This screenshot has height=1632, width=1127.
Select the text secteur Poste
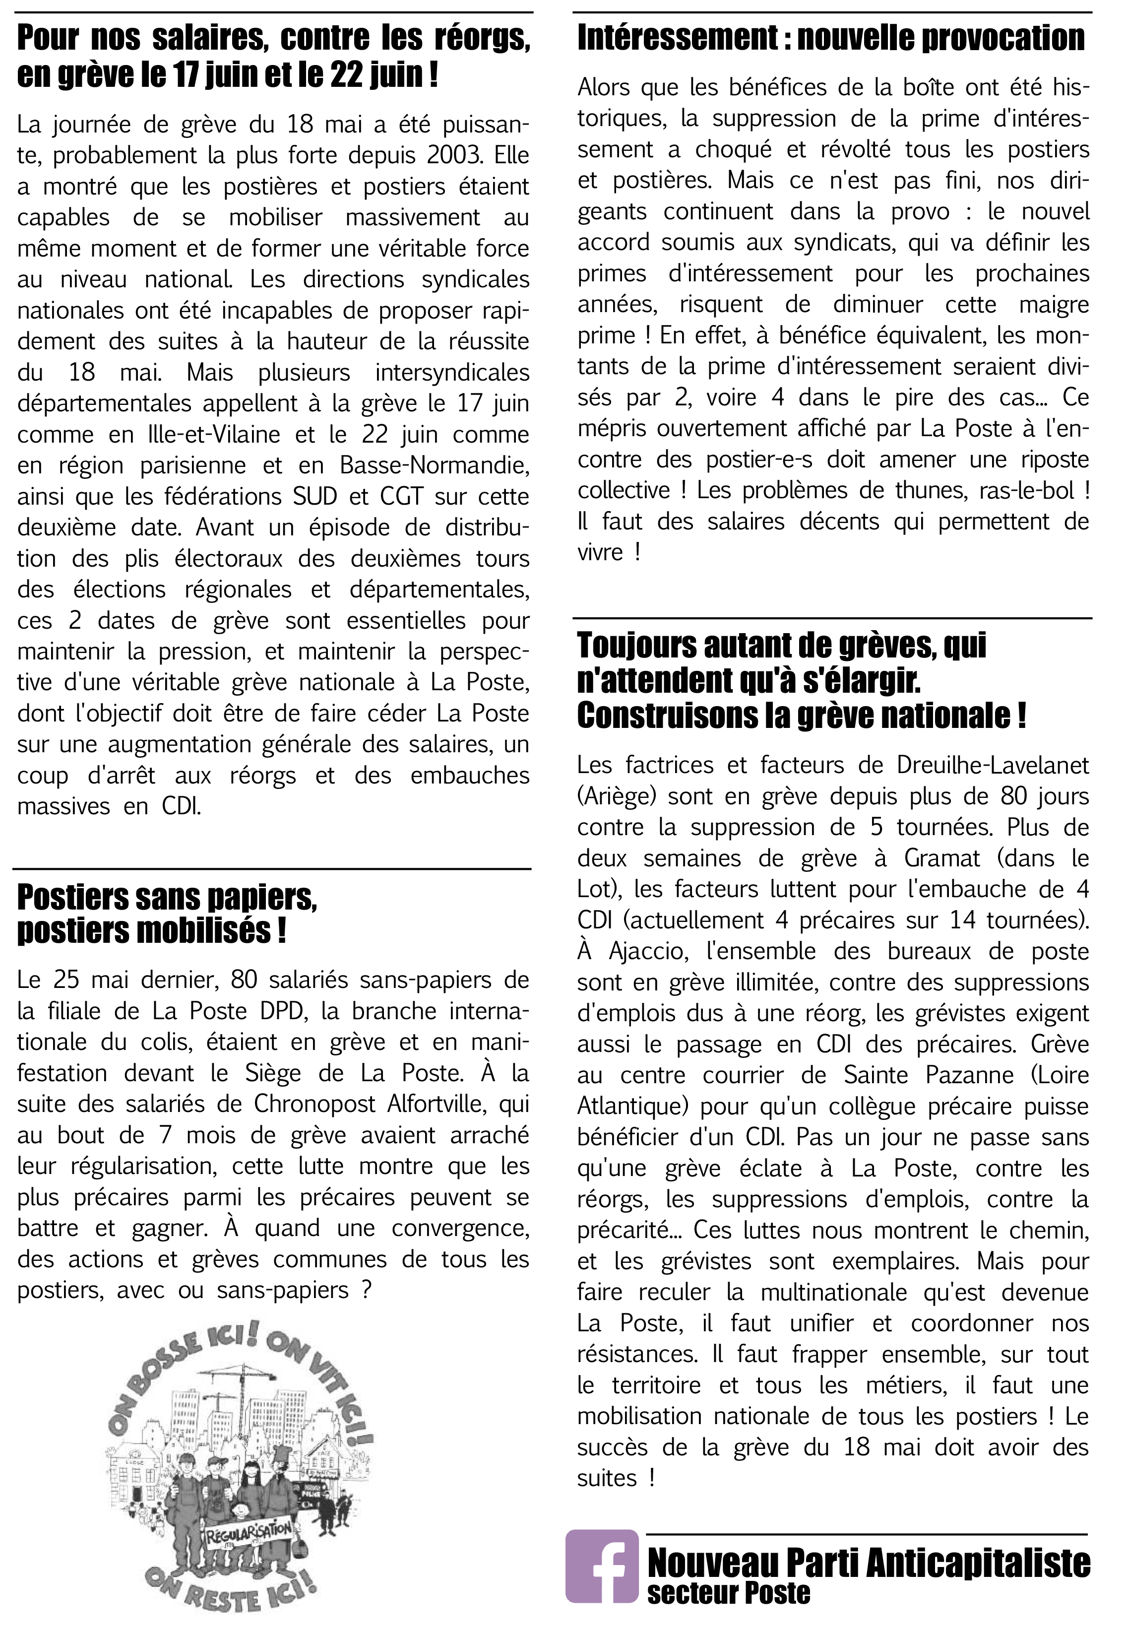pyautogui.click(x=728, y=1594)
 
